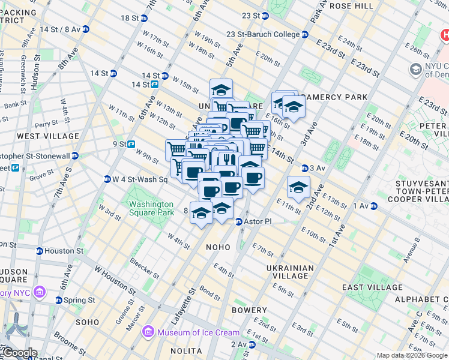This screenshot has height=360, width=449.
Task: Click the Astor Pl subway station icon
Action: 238,221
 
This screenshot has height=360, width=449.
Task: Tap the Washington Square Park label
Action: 151,208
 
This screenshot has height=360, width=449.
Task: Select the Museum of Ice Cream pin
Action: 147,332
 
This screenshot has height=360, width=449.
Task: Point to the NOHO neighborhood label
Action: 218,247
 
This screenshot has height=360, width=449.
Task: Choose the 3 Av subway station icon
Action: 305,168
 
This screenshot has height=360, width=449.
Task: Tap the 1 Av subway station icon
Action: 373,206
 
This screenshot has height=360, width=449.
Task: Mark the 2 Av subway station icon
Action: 252,344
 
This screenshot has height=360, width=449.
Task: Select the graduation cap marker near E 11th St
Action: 298,188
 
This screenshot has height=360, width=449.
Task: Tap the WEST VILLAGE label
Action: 48,136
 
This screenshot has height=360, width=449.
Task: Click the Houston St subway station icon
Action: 40,251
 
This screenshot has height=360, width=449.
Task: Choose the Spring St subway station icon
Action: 59,300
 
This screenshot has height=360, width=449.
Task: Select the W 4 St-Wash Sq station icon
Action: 107,179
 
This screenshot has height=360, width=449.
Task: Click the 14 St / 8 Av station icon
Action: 86,29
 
